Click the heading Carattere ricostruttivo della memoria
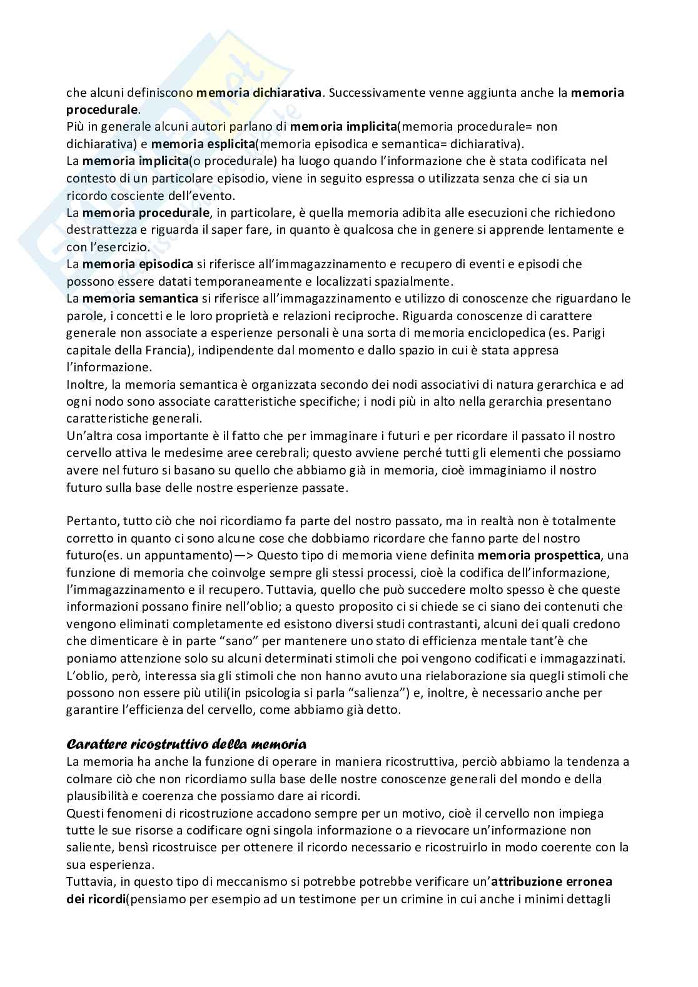click(186, 744)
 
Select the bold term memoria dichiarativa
click(259, 93)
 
